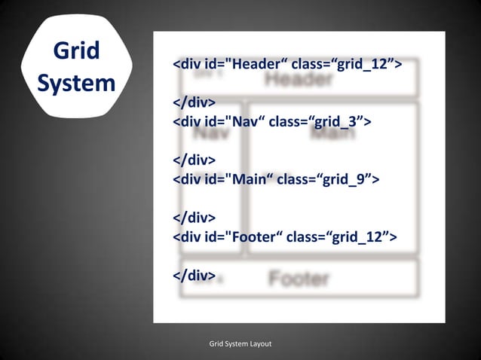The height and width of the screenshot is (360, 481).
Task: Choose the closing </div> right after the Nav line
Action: pos(195,160)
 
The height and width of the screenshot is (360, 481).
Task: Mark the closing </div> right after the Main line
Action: pos(195,218)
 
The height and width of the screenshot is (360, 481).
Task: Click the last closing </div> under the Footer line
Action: pos(195,276)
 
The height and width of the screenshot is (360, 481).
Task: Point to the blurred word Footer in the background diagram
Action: pos(299,279)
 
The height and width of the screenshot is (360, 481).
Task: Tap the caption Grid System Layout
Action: pos(240,344)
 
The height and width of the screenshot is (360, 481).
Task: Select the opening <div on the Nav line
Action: pos(188,122)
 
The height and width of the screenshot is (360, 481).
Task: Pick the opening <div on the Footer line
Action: pos(188,238)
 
